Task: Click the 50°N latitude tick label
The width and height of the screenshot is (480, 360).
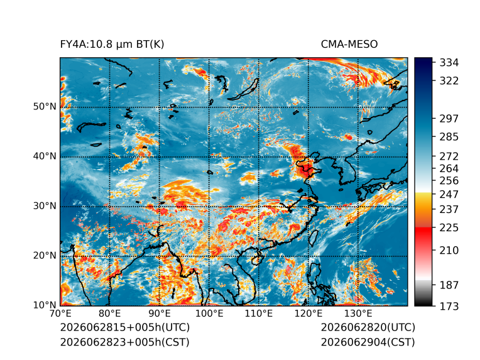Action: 45,107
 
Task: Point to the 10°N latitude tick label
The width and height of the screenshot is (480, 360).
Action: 45,305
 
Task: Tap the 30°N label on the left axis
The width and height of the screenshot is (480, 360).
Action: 45,206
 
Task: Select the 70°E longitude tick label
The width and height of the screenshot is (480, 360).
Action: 60,314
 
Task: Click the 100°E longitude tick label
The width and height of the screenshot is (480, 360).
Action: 209,314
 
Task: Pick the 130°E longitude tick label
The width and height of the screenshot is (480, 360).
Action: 358,314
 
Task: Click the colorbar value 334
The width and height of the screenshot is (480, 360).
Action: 449,63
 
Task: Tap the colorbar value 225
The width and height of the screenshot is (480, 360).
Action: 449,228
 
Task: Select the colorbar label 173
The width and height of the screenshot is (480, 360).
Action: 449,306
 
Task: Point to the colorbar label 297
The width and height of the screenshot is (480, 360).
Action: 449,119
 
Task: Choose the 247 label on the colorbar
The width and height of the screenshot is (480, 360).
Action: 449,194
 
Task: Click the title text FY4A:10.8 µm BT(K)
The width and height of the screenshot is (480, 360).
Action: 112,45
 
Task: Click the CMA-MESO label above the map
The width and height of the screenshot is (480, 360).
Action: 349,45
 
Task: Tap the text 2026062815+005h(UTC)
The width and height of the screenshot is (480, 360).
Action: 125,327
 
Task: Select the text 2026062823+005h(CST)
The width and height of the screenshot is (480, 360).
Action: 125,342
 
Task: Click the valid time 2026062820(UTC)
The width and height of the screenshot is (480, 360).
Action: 368,327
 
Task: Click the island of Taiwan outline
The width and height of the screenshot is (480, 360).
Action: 312,238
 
